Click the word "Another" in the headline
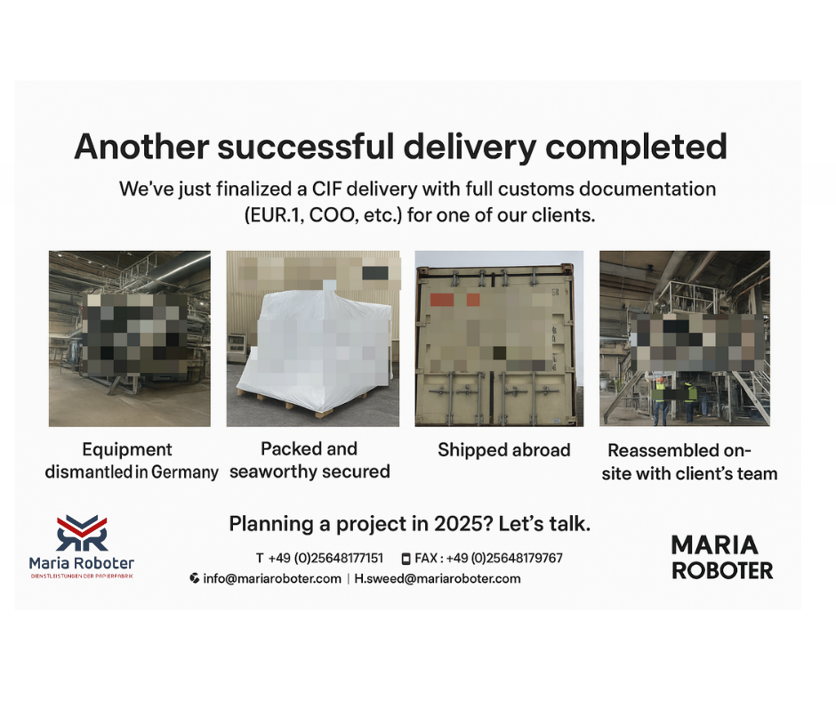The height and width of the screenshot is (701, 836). pos(141,146)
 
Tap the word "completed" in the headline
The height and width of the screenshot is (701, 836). pos(637,148)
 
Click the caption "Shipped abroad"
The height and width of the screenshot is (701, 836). pos(504,450)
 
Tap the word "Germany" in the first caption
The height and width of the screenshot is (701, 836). pos(184,472)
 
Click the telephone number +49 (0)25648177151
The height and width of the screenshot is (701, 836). pos(326,558)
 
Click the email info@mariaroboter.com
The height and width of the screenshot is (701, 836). pos(272,579)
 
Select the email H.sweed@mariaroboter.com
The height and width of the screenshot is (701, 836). pos(438,579)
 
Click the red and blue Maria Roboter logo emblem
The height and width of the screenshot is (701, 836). pos(82,533)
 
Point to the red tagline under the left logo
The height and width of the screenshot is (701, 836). pos(82,576)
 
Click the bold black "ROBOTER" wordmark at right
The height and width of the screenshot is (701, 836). pos(722,570)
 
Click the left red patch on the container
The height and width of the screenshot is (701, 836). pos(441,299)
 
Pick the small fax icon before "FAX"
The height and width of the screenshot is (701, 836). pos(406,559)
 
